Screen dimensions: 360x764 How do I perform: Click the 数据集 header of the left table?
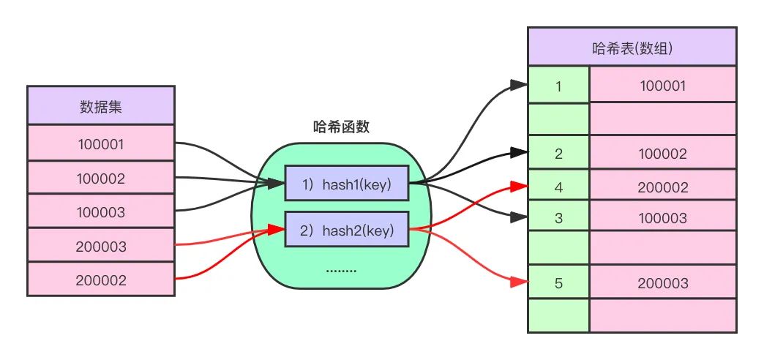101,106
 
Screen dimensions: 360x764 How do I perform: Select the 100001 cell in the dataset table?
101,144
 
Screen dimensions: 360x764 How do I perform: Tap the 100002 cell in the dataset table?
101,179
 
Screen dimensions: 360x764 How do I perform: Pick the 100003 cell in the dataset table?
101,212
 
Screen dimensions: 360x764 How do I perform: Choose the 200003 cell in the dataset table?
101,247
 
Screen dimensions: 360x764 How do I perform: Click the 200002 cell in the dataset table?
101,280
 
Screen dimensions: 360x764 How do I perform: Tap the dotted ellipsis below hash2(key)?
340,271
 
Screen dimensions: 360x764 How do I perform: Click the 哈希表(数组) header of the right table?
632,48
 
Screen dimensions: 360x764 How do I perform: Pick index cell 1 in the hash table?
558,86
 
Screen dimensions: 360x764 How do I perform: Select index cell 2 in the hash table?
558,154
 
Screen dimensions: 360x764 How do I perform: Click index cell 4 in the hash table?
558,187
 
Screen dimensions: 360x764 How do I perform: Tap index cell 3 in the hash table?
558,217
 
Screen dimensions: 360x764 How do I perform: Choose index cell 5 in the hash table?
558,282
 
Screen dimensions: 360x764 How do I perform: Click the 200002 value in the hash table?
663,187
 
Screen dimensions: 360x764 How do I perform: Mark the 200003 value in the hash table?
663,282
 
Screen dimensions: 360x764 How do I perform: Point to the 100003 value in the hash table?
663,217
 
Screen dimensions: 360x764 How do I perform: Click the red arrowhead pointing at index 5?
522,282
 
